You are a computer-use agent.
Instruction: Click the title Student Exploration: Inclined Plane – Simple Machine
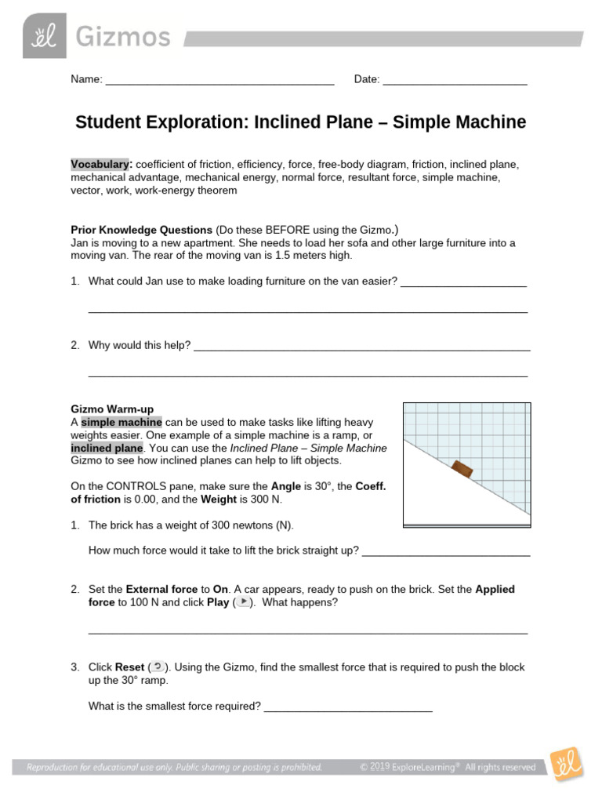[x=300, y=123]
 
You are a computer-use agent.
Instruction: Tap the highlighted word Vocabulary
[x=100, y=165]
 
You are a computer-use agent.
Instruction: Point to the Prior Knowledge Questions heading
[x=142, y=230]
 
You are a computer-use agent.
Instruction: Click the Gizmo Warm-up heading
[x=112, y=409]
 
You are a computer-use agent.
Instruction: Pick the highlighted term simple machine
[x=121, y=422]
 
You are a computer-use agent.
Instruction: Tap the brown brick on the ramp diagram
[x=462, y=469]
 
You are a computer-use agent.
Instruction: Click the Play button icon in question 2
[x=244, y=601]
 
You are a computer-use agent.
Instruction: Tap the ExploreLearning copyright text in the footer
[x=448, y=767]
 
